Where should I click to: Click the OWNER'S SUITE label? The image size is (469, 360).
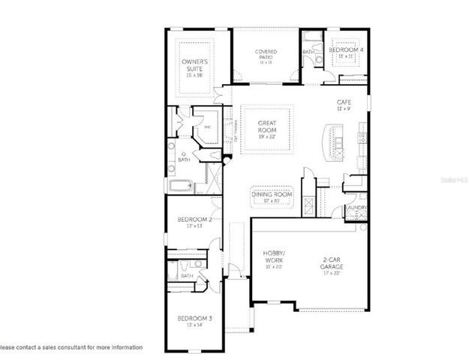[194, 64]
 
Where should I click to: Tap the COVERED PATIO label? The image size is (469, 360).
[266, 55]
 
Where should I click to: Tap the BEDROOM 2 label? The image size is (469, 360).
[192, 220]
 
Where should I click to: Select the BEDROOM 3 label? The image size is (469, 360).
[194, 319]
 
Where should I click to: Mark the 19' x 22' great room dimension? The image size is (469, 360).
[268, 138]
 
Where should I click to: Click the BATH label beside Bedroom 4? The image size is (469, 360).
[308, 52]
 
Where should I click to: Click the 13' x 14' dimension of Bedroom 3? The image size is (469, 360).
[194, 325]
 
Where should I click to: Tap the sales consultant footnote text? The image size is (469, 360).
[71, 347]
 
